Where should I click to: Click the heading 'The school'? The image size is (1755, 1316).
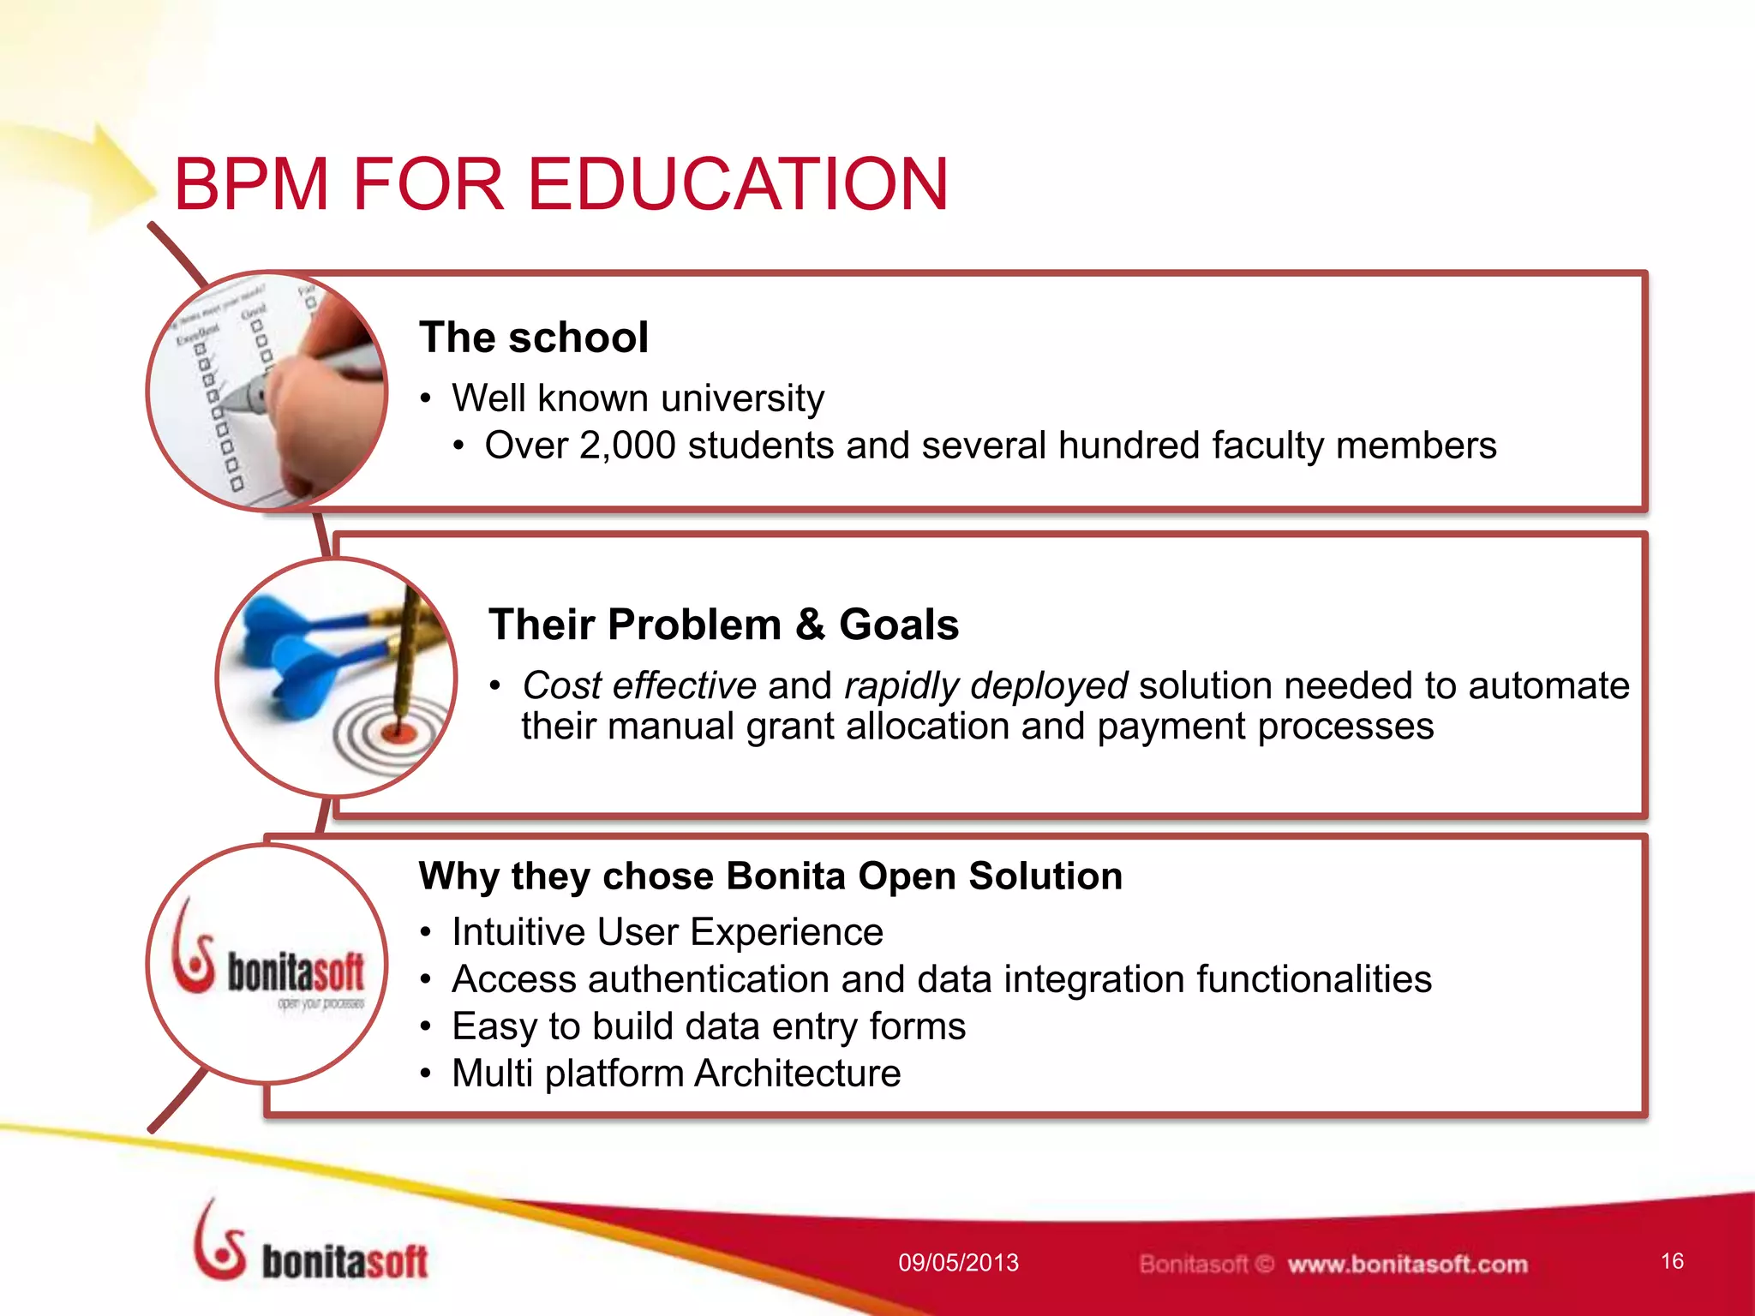(x=533, y=337)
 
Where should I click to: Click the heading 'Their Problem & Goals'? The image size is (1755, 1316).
(x=723, y=624)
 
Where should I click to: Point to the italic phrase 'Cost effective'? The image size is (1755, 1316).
(x=639, y=685)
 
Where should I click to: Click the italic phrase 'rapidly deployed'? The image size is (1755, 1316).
(x=985, y=685)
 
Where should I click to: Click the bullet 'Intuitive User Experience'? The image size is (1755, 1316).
(x=667, y=932)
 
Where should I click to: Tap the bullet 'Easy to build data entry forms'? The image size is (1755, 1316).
(x=708, y=1026)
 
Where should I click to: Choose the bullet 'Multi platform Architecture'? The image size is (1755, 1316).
(x=675, y=1074)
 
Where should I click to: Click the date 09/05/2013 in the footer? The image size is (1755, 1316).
(x=958, y=1263)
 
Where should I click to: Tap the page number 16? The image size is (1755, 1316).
(x=1672, y=1261)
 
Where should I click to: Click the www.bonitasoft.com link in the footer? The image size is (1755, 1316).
(x=1407, y=1265)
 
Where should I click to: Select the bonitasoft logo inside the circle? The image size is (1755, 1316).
(x=269, y=965)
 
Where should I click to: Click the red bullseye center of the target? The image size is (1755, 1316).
(x=398, y=731)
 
